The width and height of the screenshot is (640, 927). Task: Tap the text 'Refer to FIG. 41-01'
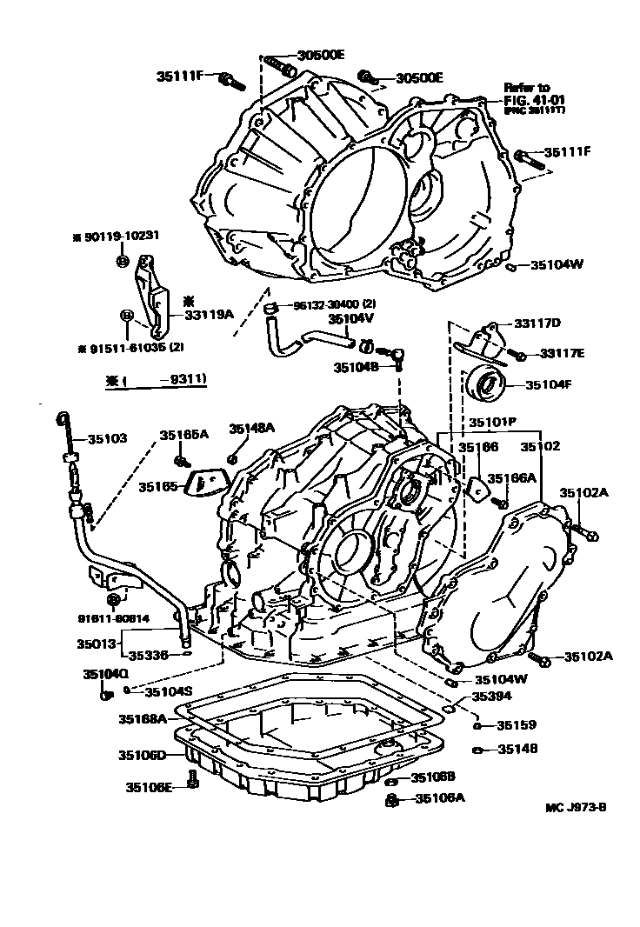(x=527, y=94)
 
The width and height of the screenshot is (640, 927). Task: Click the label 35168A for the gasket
(x=142, y=718)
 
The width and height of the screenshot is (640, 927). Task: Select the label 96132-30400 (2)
(x=334, y=304)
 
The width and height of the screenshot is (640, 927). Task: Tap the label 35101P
(x=493, y=423)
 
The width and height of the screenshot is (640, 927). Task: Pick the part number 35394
(x=491, y=697)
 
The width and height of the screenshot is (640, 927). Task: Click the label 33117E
(x=563, y=353)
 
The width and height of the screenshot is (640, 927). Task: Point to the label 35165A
(x=183, y=434)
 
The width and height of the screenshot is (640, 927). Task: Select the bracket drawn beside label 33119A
(x=152, y=296)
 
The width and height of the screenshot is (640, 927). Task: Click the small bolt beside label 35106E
(x=193, y=785)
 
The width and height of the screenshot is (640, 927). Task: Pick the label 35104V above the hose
(x=350, y=318)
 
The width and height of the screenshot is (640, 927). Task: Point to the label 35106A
(x=440, y=797)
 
